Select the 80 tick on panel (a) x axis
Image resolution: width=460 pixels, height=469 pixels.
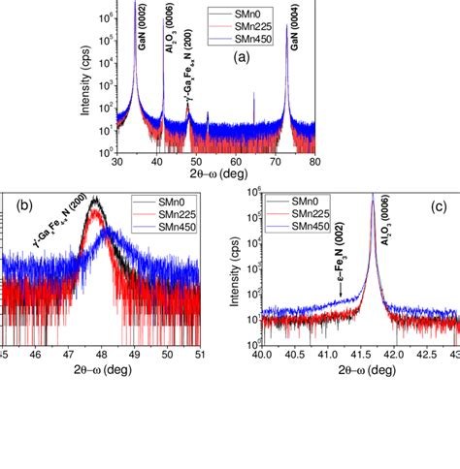(x=315, y=163)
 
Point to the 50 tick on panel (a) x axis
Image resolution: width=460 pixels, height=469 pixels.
(x=196, y=163)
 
